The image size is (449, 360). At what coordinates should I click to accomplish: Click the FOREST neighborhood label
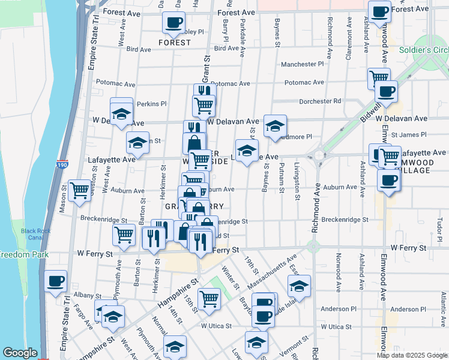click(x=174, y=43)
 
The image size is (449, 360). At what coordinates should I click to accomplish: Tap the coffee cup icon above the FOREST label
click(x=173, y=23)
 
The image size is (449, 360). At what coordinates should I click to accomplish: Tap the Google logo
click(x=19, y=352)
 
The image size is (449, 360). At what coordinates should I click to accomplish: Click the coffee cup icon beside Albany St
click(x=56, y=281)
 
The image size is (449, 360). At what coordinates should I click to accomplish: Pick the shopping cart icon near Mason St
click(x=79, y=190)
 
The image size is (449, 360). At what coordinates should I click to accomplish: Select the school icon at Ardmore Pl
click(x=275, y=126)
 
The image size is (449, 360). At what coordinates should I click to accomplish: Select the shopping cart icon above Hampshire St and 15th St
click(x=209, y=298)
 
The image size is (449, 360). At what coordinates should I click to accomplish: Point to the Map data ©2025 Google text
click(x=411, y=355)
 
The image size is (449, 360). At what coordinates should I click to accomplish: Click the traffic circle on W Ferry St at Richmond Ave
click(x=312, y=246)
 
